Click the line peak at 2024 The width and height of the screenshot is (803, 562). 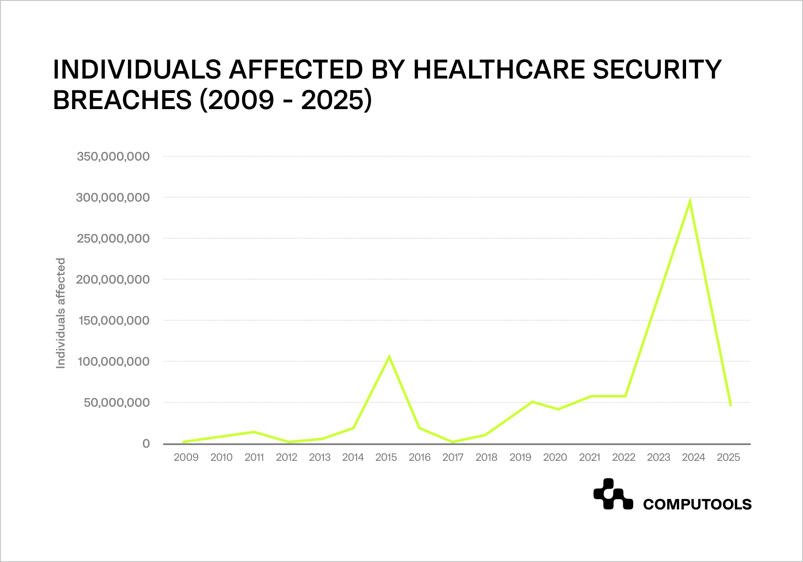tap(690, 202)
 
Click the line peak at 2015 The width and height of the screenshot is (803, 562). tap(389, 358)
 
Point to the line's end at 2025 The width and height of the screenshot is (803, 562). tap(731, 405)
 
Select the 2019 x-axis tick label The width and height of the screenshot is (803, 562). tap(520, 457)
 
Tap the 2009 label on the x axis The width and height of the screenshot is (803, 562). tap(186, 457)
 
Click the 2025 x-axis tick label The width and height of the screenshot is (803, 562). tap(728, 457)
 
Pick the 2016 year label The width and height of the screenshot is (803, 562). tap(419, 457)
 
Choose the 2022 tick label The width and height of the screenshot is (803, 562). tap(624, 457)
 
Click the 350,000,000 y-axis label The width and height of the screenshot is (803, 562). tap(113, 156)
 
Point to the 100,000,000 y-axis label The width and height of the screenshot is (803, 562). tap(113, 361)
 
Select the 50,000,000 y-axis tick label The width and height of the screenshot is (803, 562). tap(117, 402)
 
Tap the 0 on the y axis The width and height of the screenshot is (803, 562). tap(146, 444)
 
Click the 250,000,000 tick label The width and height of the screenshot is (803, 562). tap(113, 238)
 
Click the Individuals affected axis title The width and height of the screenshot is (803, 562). tap(61, 313)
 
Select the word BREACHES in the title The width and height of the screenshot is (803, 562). tap(122, 100)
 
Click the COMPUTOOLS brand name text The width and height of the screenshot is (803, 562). tap(697, 504)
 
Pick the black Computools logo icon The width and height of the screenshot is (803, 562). tap(613, 494)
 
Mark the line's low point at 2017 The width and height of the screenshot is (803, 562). tap(453, 442)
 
